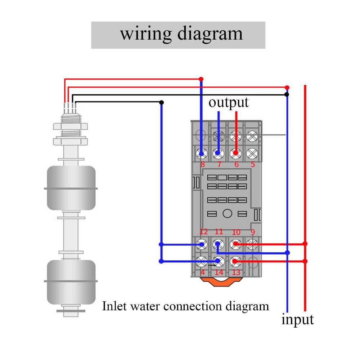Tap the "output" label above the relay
[x=229, y=102]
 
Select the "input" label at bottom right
[x=297, y=319]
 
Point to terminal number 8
[x=202, y=164]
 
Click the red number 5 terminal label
[x=252, y=164]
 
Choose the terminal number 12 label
[x=204, y=232]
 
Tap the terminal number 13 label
[x=236, y=272]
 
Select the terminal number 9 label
[x=252, y=232]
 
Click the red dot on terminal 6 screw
[x=236, y=153]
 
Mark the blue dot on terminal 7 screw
[x=217, y=153]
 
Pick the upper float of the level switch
[x=71, y=188]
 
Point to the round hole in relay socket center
[x=227, y=213]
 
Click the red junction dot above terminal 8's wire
[x=201, y=79]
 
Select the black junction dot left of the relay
[x=161, y=102]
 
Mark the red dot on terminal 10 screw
[x=235, y=244]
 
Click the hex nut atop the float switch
[x=70, y=126]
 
